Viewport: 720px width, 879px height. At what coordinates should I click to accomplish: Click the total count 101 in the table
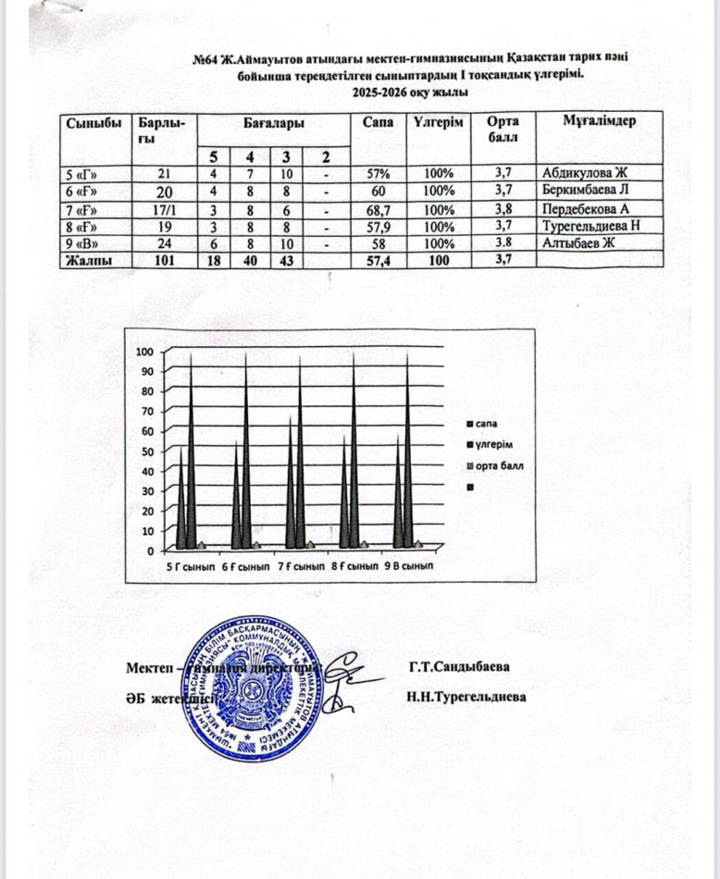click(x=164, y=261)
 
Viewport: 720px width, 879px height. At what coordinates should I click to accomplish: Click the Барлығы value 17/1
click(x=164, y=209)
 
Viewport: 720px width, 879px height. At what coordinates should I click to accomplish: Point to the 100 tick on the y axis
click(x=143, y=352)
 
